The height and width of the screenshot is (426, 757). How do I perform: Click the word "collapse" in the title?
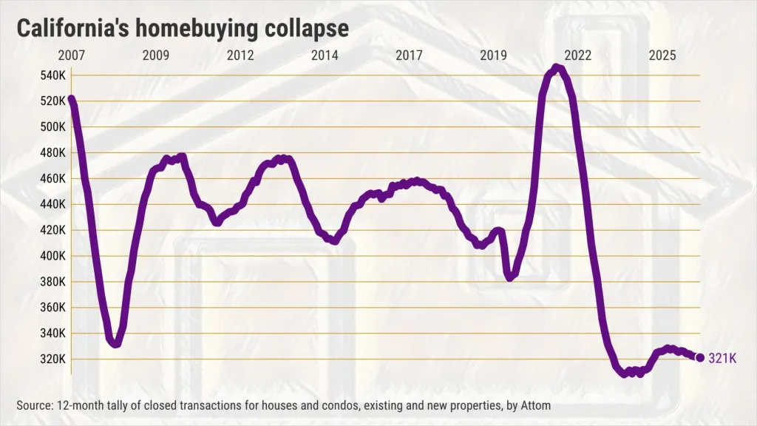pos(307,29)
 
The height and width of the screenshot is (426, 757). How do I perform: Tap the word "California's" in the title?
pos(73,28)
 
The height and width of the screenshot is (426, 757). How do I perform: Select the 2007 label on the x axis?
pos(72,55)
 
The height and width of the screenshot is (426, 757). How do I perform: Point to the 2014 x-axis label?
pos(325,55)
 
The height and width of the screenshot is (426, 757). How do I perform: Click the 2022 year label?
pos(578,55)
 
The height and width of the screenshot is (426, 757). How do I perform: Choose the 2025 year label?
pos(662,55)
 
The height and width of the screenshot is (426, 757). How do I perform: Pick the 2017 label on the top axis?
pos(409,55)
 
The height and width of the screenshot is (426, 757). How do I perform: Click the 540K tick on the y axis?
pos(52,75)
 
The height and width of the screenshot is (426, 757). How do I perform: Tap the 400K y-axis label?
pos(52,256)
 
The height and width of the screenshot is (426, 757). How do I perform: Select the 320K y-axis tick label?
pos(52,359)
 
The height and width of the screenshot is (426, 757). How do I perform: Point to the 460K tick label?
pos(52,179)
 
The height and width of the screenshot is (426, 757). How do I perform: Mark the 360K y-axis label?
pos(52,308)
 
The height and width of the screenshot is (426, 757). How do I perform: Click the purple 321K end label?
pos(723,358)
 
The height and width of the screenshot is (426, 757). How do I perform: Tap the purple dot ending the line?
pos(700,357)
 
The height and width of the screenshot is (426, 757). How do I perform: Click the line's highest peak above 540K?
pos(557,67)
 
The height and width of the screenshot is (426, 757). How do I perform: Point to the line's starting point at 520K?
pos(72,99)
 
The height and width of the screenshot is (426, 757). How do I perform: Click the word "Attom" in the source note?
pos(535,405)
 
